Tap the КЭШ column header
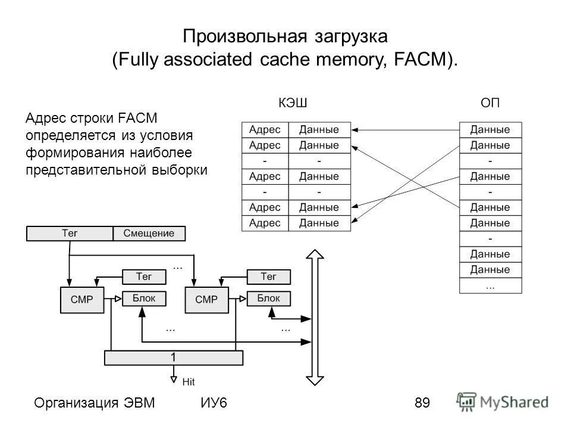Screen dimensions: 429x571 point(293,103)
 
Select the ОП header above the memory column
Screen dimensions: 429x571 point(491,103)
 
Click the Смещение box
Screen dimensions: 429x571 point(149,234)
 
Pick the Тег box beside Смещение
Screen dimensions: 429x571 point(70,234)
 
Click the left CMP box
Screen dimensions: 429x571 point(81,300)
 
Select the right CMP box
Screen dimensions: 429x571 point(206,300)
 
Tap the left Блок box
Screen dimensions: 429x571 point(144,298)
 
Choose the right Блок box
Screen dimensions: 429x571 point(269,298)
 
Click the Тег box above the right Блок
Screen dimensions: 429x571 point(269,276)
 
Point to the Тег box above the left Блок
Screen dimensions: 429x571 point(144,276)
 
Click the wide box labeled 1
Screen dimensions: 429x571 point(173,357)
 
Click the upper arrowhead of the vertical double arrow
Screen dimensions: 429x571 point(314,256)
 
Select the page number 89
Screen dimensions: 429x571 point(422,403)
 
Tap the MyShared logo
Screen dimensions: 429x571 point(503,401)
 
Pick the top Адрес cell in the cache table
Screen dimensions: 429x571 point(265,129)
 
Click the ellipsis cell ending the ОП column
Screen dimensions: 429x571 point(490,285)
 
